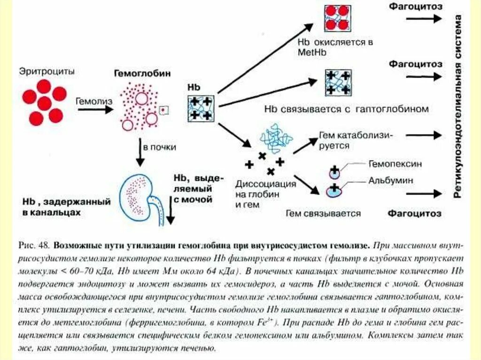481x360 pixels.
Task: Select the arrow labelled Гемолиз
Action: pos(95,109)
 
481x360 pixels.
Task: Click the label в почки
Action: pos(160,147)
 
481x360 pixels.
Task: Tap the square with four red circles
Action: pos(337,18)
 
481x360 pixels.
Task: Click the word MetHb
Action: pos(309,53)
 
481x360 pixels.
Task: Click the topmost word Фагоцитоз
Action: pos(415,7)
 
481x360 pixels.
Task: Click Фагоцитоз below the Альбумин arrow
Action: pos(415,214)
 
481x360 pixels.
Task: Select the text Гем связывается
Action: pos(323,214)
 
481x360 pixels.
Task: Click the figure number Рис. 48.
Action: pos(33,245)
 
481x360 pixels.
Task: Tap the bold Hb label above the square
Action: pos(194,87)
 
